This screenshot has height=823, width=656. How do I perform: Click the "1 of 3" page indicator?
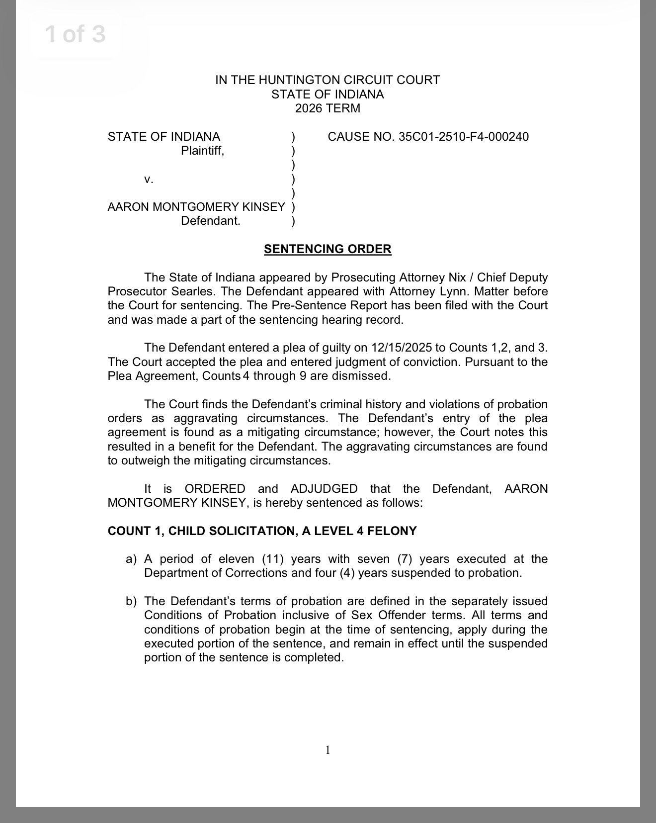coord(76,35)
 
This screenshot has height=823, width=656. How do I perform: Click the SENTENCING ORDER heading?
coord(328,249)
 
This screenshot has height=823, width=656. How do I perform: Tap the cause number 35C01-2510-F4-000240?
coord(464,137)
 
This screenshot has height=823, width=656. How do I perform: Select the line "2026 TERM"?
coord(328,108)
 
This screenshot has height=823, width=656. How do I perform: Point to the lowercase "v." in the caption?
coord(149,179)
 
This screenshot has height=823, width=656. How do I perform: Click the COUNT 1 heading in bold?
coord(262,531)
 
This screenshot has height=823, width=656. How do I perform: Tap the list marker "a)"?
coord(131,559)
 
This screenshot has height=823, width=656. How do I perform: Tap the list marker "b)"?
coord(131,601)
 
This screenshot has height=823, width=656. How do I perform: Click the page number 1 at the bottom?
coord(328,750)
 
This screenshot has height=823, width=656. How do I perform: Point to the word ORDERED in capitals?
coord(215,489)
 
